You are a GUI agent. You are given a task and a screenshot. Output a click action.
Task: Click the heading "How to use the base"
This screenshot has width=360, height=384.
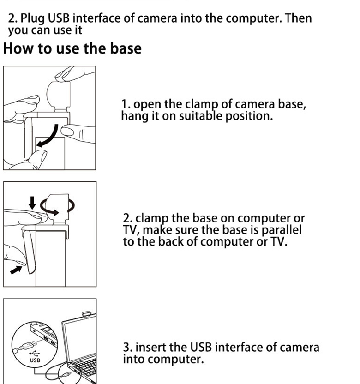(x=72, y=48)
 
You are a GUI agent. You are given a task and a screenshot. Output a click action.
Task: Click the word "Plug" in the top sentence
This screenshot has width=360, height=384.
(x=32, y=18)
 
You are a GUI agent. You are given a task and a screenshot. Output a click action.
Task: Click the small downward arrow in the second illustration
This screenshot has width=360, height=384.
(x=32, y=203)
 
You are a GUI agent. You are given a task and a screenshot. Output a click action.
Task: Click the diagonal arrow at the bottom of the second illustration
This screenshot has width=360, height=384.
(x=16, y=270)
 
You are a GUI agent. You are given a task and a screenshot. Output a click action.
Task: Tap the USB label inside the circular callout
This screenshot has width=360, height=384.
(x=35, y=360)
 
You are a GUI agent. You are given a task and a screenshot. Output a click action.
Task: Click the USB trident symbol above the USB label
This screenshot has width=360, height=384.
(x=34, y=353)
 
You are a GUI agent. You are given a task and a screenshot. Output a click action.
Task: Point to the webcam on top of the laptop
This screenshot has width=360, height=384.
(x=86, y=314)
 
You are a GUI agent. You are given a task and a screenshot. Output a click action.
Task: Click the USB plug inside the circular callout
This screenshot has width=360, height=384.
(x=27, y=346)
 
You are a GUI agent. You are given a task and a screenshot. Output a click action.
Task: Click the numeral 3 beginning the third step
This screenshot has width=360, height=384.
(x=126, y=348)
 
